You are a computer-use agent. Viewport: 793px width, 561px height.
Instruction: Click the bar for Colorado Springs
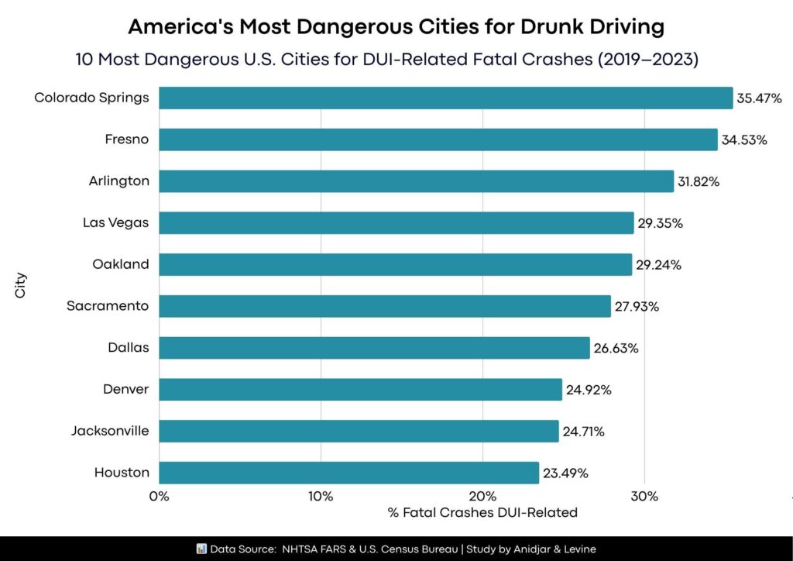click(x=445, y=98)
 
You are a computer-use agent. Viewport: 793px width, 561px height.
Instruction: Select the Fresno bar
click(x=438, y=139)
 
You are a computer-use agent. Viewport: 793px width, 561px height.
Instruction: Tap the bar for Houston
click(x=348, y=473)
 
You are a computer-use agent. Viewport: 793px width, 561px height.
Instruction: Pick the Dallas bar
click(x=374, y=348)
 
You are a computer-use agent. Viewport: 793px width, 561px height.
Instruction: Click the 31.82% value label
click(x=699, y=182)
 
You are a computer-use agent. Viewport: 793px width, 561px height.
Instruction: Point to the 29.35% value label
click(x=660, y=223)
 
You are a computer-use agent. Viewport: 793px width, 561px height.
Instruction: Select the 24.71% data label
click(x=585, y=431)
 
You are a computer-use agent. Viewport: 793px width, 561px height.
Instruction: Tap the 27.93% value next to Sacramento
click(x=637, y=307)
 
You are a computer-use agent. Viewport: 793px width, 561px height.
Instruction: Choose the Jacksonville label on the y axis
click(x=110, y=431)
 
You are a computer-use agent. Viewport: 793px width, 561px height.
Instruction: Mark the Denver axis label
click(x=125, y=389)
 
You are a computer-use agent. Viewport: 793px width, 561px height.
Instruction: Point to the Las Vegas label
click(x=116, y=223)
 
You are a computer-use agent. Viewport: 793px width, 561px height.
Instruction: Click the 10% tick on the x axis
click(x=321, y=496)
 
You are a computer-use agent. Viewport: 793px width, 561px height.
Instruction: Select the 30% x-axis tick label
click(x=644, y=496)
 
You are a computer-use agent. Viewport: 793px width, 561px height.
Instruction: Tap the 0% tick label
click(x=159, y=496)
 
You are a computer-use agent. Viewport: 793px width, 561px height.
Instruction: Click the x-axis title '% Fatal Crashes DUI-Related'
click(x=482, y=512)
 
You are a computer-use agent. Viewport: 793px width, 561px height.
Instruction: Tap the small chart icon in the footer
click(x=201, y=549)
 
